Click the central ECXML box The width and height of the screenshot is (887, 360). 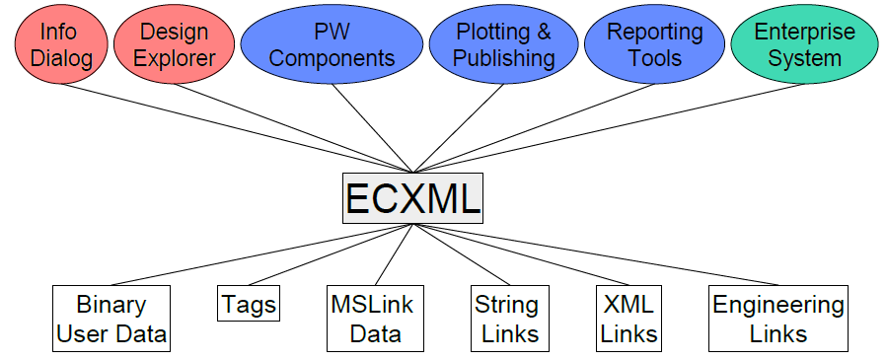[x=412, y=197]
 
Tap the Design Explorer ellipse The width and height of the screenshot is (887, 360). [x=175, y=45]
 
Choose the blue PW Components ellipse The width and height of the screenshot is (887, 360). [x=332, y=45]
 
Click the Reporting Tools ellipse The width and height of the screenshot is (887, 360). [x=655, y=45]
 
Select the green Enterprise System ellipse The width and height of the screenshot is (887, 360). [x=804, y=45]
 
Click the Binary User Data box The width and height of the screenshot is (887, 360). [x=111, y=319]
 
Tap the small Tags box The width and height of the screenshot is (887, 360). [x=248, y=304]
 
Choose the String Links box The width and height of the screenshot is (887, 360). [x=506, y=319]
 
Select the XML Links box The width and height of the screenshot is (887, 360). [x=628, y=319]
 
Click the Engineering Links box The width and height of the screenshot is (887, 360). [x=777, y=319]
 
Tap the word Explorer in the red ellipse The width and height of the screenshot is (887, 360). [x=175, y=58]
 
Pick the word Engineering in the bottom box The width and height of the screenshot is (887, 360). [x=777, y=305]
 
